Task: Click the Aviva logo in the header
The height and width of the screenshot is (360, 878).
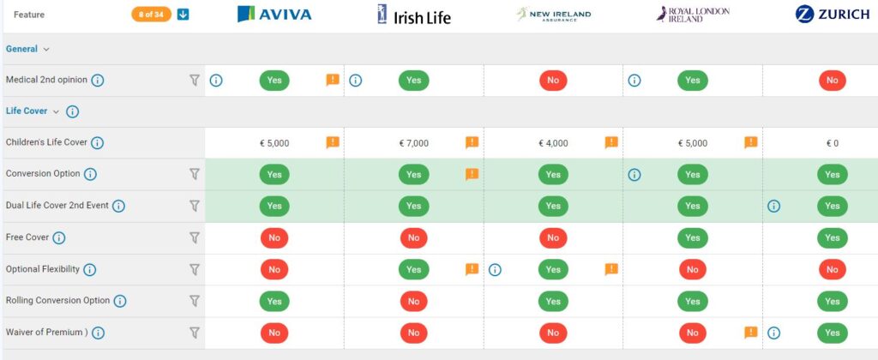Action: (274, 14)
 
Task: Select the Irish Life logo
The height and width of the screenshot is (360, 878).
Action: (413, 15)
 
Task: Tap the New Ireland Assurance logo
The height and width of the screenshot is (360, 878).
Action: (553, 14)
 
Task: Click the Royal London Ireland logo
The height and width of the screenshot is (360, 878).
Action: (692, 14)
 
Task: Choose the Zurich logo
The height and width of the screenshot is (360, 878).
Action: (832, 14)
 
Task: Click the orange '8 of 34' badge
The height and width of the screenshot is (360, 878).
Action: (151, 15)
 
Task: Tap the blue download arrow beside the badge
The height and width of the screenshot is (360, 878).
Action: (183, 15)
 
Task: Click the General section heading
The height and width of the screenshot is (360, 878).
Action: (21, 49)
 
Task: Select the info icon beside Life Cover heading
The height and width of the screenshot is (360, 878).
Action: (72, 111)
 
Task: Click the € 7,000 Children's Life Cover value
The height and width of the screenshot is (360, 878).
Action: (413, 143)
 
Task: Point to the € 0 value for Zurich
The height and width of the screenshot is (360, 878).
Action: (832, 143)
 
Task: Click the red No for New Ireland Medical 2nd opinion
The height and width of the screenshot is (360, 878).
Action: (553, 81)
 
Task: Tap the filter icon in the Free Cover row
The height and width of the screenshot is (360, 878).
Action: (194, 237)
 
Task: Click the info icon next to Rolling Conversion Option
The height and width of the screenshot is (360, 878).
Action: (120, 301)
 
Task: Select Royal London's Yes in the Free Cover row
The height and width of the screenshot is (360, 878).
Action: (692, 237)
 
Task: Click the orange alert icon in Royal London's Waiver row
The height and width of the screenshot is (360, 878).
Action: (750, 333)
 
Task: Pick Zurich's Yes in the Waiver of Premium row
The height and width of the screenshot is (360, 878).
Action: (832, 333)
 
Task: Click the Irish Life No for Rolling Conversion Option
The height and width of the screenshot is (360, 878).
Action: (413, 301)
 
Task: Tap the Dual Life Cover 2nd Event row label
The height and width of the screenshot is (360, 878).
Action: (57, 206)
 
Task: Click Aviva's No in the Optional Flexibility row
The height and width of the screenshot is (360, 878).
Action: (274, 269)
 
